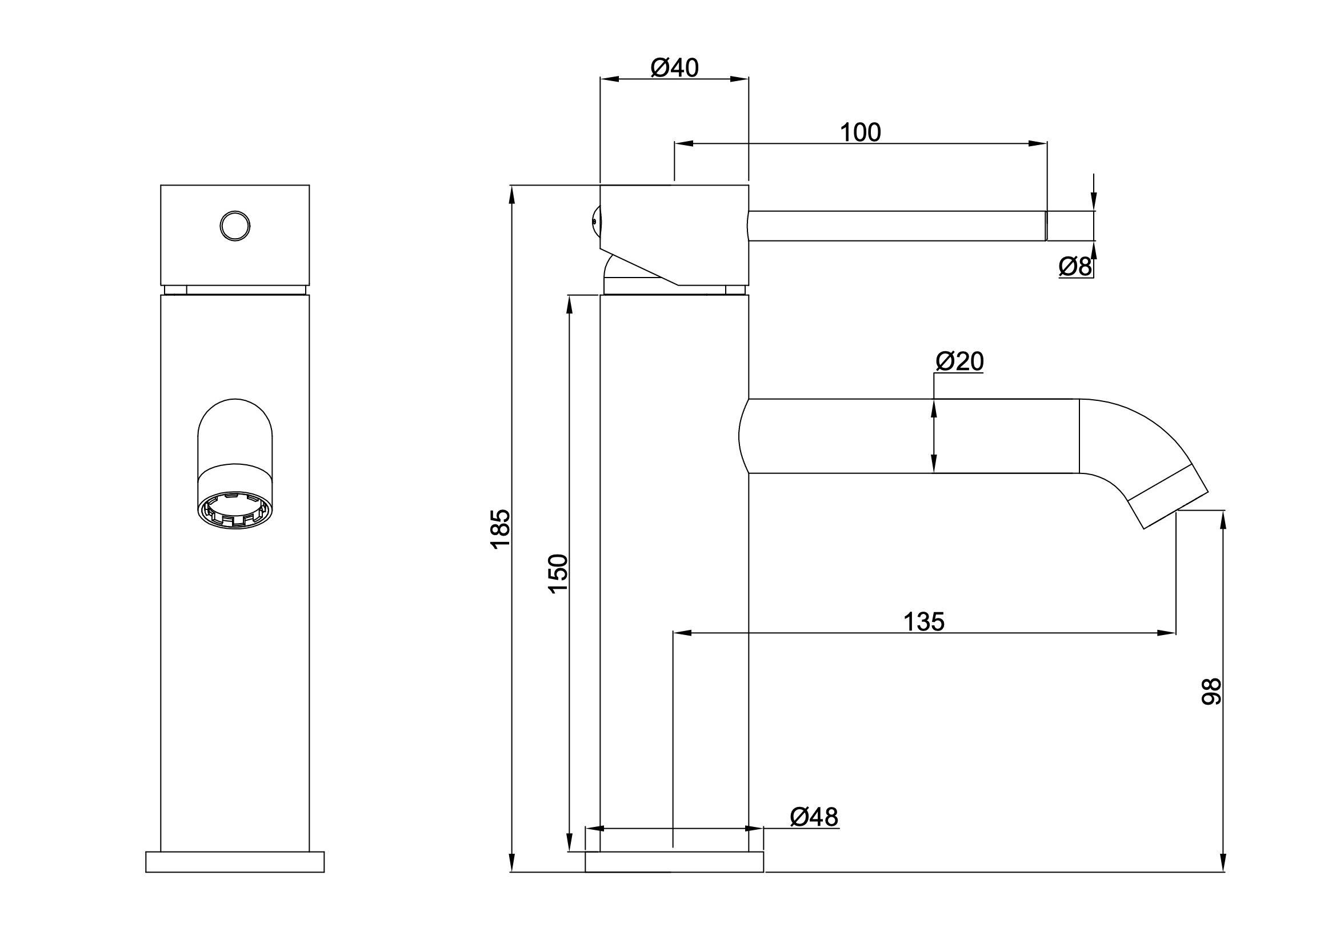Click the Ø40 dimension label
point(674,69)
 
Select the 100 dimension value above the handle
point(860,133)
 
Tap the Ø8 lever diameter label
point(1075,267)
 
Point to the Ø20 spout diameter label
point(959,361)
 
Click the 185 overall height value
point(501,528)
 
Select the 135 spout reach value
point(923,622)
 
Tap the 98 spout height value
point(1212,692)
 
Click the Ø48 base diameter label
point(814,817)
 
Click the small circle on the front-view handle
point(235,226)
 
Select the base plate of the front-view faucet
point(234,862)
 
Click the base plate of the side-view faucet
point(674,862)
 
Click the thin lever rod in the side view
point(896,226)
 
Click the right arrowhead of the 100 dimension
point(1039,144)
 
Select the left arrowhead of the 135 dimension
point(682,633)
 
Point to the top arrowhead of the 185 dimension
point(512,195)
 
